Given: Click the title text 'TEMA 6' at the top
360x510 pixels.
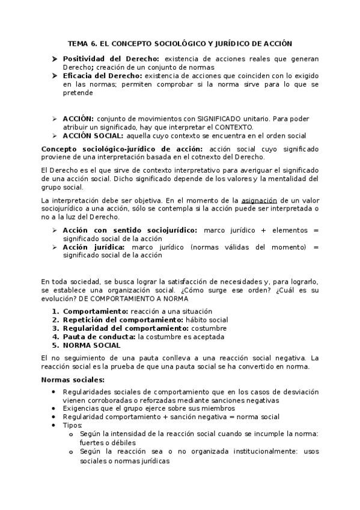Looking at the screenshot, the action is tap(82, 43).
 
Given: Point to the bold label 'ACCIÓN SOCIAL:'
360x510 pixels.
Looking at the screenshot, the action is tap(91, 135).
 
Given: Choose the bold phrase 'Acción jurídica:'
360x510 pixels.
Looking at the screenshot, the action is tap(93, 247).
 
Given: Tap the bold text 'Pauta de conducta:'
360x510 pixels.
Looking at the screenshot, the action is tap(99, 337).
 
